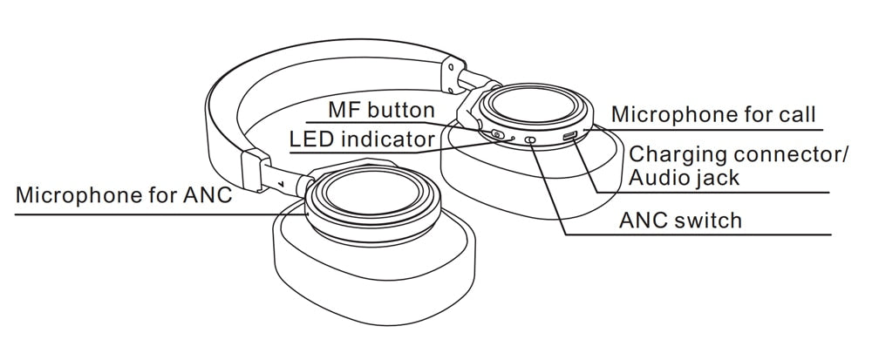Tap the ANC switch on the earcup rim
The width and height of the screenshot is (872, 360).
531,139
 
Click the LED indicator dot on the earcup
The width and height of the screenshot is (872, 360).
513,138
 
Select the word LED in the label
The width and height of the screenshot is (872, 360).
312,139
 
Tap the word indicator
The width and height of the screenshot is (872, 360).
389,139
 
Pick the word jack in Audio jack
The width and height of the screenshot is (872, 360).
717,179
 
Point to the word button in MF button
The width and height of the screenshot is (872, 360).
399,111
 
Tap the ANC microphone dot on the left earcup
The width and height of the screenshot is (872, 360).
306,209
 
